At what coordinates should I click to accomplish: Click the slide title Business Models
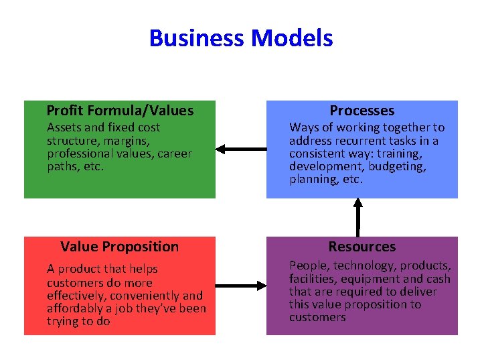(241, 38)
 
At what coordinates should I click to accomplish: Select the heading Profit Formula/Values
(120, 111)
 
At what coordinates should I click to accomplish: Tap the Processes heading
(362, 111)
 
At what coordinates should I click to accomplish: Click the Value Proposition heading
(120, 247)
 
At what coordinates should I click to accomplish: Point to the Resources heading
(362, 247)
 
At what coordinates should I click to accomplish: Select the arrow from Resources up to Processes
(358, 217)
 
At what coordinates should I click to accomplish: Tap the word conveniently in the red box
(143, 296)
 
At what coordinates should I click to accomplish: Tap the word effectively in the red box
(77, 296)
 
